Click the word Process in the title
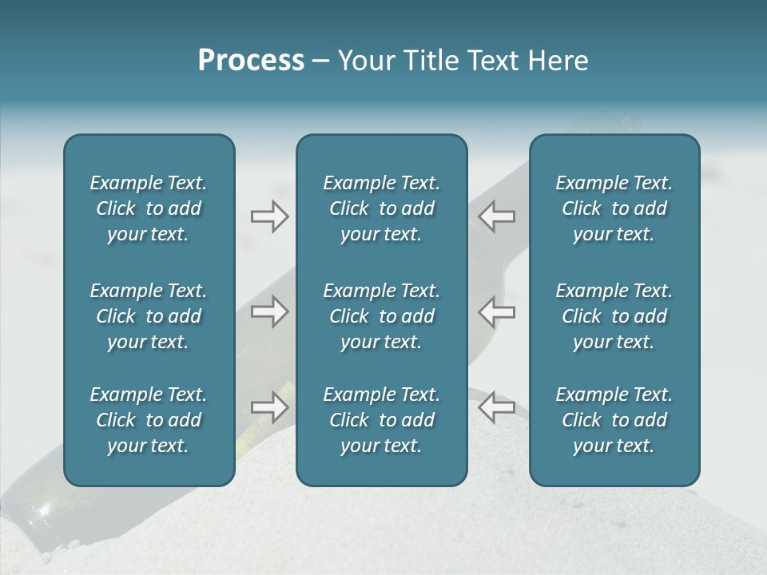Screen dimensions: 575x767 tap(251, 61)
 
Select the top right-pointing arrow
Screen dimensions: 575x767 tap(269, 216)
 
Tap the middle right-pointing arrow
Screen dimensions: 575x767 tap(269, 311)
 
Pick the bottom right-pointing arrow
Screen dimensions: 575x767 tap(269, 407)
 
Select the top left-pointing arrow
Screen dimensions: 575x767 tap(496, 216)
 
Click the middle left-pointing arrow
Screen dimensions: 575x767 tap(496, 311)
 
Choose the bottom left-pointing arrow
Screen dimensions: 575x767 tap(496, 407)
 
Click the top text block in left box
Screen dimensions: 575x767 tap(149, 208)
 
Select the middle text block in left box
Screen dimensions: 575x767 tap(149, 316)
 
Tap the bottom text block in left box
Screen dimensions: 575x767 tap(149, 420)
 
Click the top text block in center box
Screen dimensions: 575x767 tap(381, 208)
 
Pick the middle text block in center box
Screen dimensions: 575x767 tap(381, 316)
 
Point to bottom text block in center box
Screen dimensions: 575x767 tap(381, 420)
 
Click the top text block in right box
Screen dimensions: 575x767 tap(614, 208)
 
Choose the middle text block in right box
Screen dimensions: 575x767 tap(614, 316)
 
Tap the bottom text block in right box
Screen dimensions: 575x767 tap(614, 420)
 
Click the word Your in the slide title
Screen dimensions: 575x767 tap(364, 61)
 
